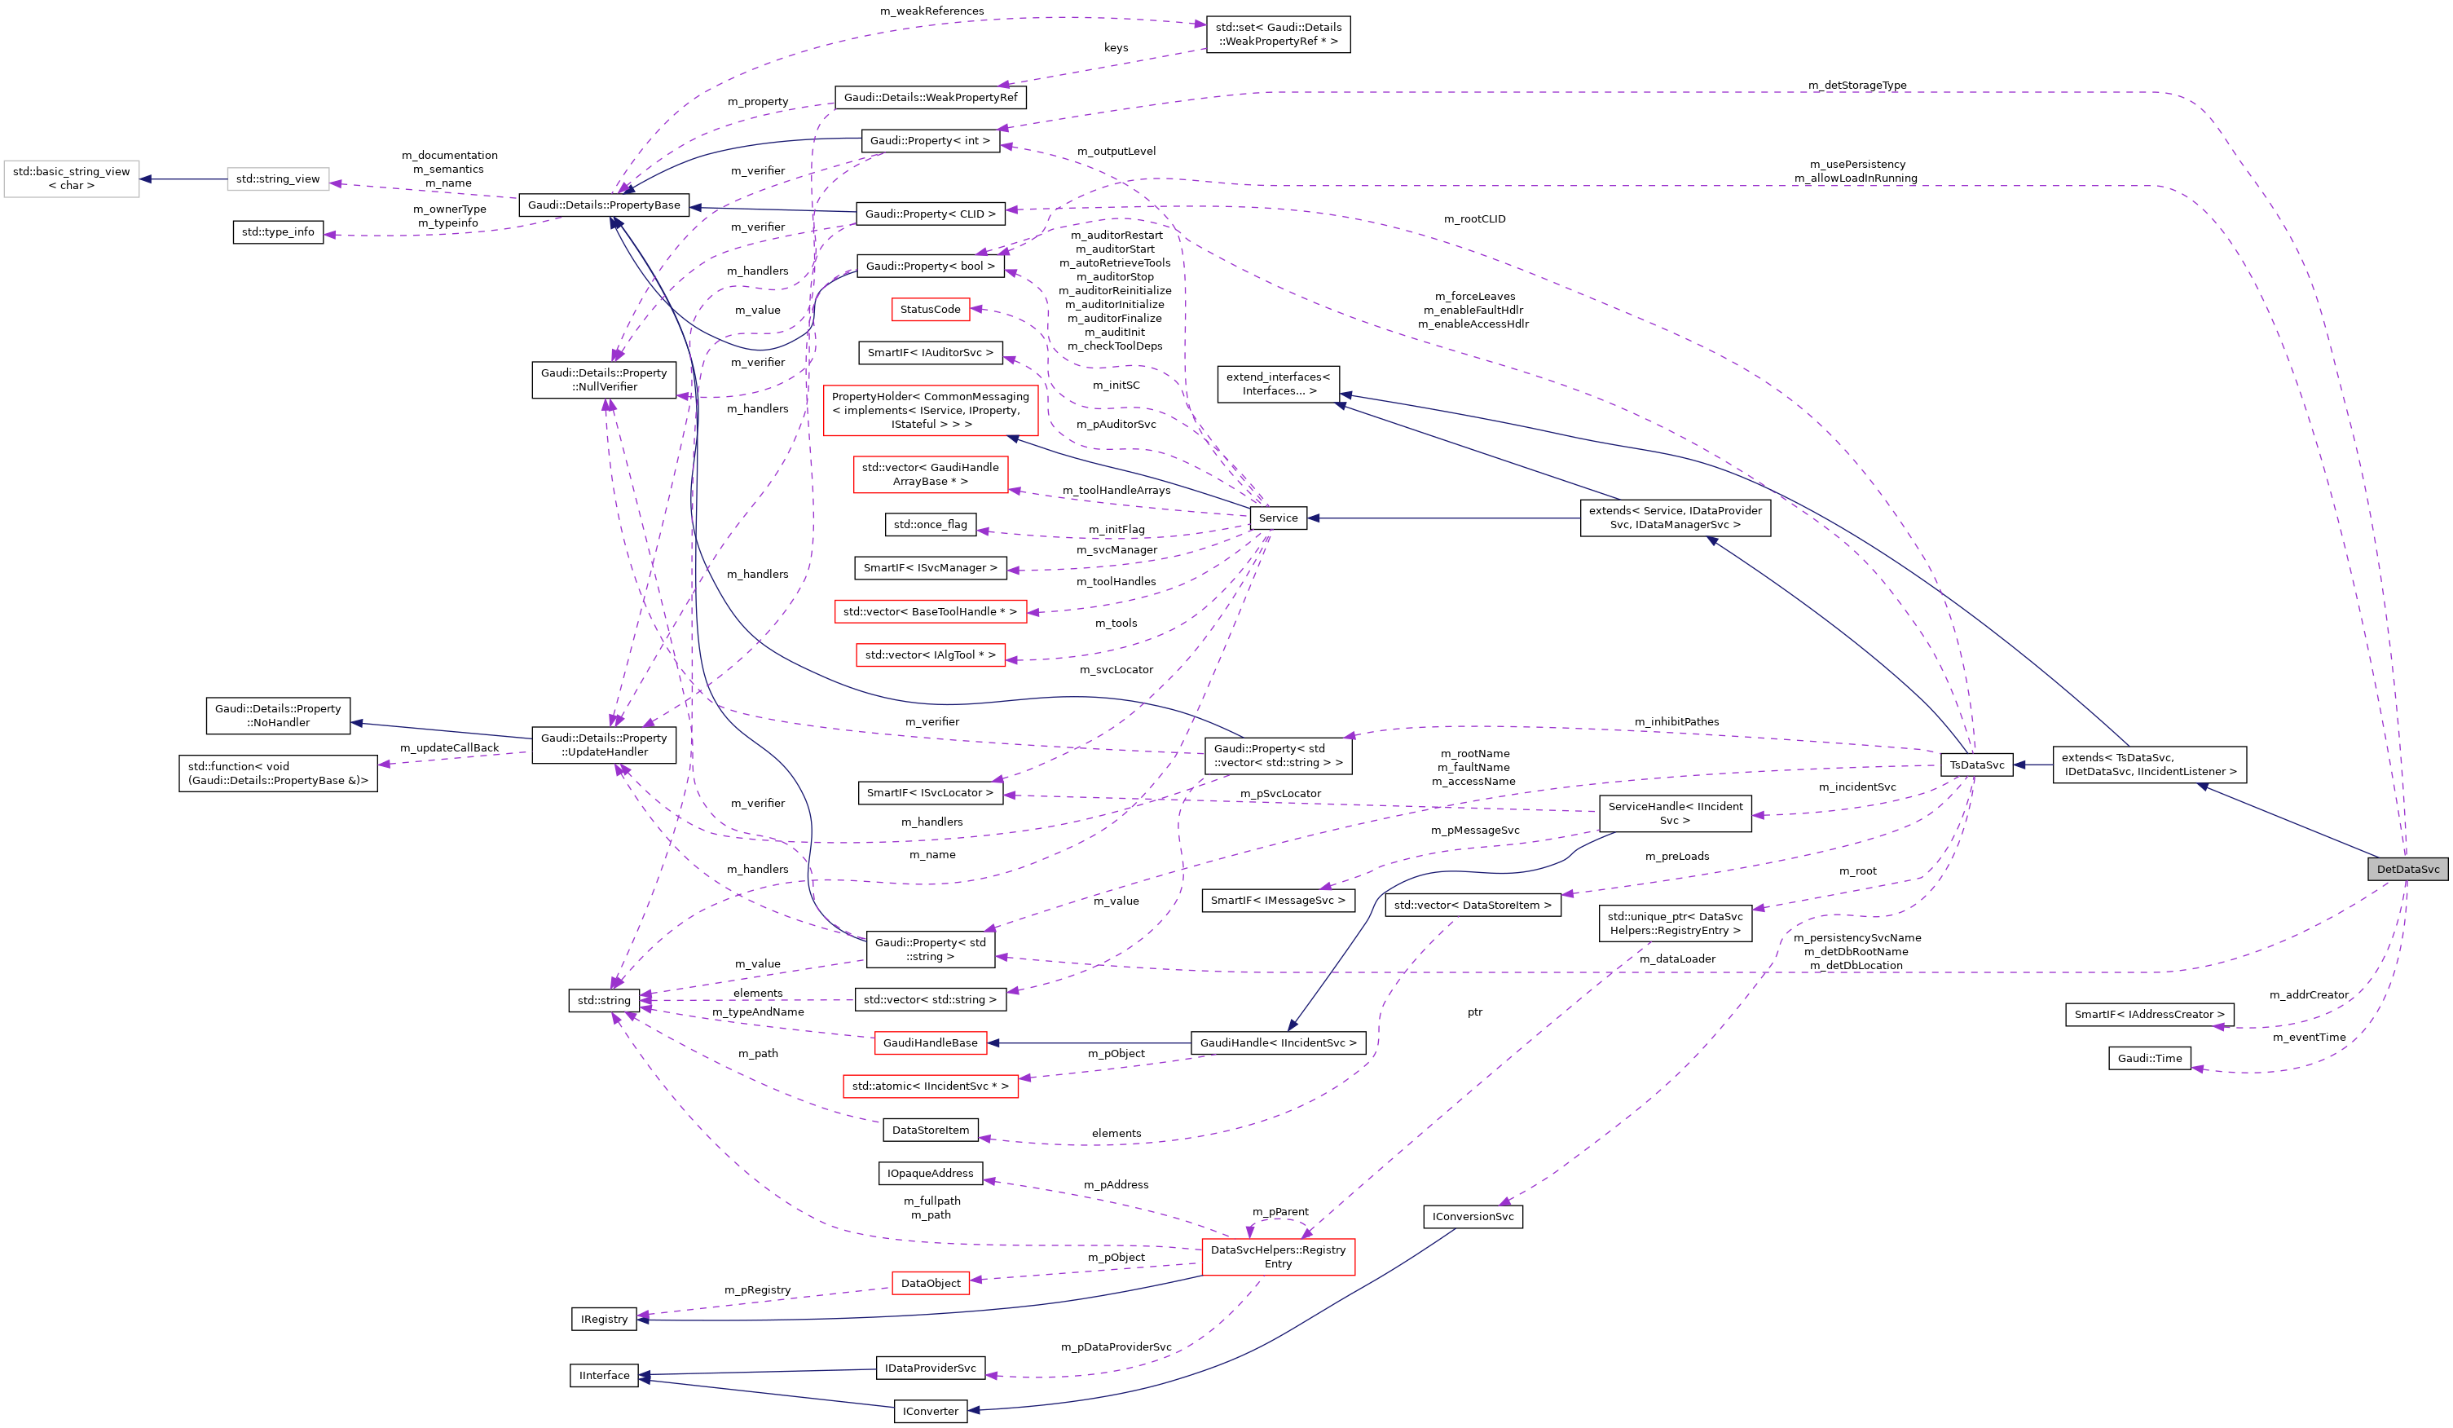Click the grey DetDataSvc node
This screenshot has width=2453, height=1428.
pos(2407,869)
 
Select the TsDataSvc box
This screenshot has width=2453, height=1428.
pos(1976,765)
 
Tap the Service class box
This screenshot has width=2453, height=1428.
pos(1277,518)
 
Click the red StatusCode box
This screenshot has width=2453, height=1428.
pos(930,310)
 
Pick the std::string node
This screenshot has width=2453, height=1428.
pos(604,1000)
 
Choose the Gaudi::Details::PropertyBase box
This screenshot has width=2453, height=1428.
pos(604,205)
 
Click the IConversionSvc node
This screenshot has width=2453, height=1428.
pos(1472,1216)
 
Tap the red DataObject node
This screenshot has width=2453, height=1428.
pos(930,1283)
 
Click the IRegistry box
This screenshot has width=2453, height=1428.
pos(604,1319)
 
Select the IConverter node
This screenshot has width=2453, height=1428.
pos(930,1411)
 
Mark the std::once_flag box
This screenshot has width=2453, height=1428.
pos(930,525)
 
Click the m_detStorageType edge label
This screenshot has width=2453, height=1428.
pos(1856,86)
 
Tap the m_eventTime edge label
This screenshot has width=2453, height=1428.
pos(2308,1038)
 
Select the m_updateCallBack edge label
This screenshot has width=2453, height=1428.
pos(449,747)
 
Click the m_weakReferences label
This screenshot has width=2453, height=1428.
pos(931,11)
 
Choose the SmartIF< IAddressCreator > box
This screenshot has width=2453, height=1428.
pos(2148,1014)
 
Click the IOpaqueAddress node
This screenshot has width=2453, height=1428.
pos(930,1173)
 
